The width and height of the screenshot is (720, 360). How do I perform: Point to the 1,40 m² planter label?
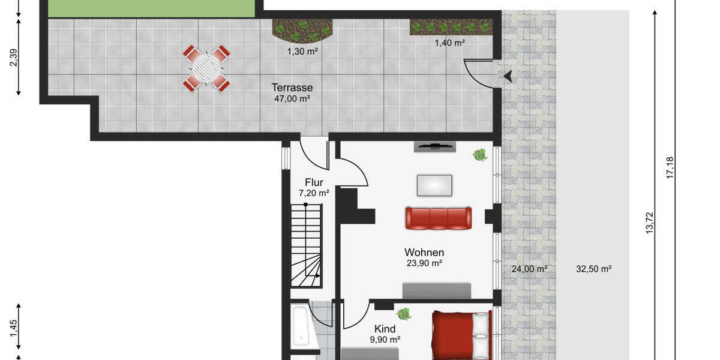click(x=449, y=43)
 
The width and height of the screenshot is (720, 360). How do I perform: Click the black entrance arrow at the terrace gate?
click(x=508, y=76)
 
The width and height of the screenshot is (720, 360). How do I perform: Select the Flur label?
click(x=314, y=182)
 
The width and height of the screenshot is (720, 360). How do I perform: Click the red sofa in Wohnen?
click(x=438, y=218)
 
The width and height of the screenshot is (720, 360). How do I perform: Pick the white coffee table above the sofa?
click(x=435, y=184)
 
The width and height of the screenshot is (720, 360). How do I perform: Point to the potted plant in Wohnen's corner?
click(x=479, y=155)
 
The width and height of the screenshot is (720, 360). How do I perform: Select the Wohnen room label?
click(x=424, y=252)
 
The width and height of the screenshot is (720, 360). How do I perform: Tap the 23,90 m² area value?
click(x=424, y=263)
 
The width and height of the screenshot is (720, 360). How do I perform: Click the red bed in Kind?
click(x=461, y=335)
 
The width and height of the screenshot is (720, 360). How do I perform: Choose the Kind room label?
click(x=385, y=329)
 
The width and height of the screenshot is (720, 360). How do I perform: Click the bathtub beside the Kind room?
click(x=300, y=327)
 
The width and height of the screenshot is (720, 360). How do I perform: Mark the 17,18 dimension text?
click(x=670, y=167)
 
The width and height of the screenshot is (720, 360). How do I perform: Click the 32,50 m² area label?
click(x=593, y=269)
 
